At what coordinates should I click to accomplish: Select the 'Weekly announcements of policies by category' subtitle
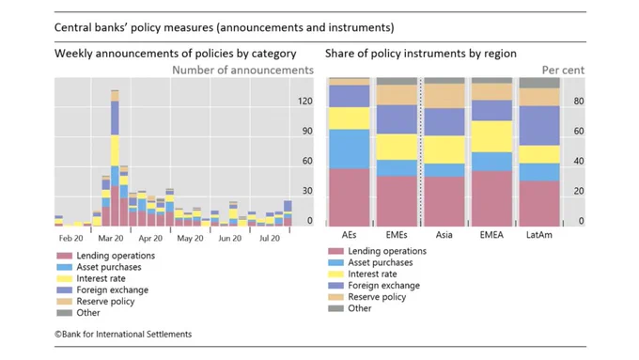click(175, 54)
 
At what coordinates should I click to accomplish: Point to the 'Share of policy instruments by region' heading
click(421, 54)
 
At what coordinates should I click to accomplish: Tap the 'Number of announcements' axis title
click(242, 70)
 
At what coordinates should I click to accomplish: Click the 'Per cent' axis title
click(563, 70)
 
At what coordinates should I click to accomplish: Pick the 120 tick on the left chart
click(304, 102)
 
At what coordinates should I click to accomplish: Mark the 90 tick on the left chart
click(307, 131)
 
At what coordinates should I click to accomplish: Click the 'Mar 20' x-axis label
click(111, 239)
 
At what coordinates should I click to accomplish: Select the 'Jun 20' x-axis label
click(230, 239)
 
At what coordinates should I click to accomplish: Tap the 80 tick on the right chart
click(579, 102)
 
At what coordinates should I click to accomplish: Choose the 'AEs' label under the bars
click(350, 235)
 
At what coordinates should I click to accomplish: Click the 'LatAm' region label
click(539, 235)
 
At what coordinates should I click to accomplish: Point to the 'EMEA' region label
click(491, 235)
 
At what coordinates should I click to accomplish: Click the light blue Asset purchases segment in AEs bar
click(350, 149)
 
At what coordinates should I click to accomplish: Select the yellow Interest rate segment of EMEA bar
click(491, 136)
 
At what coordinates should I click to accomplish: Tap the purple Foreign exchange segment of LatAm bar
click(539, 126)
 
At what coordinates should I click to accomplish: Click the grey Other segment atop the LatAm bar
click(539, 83)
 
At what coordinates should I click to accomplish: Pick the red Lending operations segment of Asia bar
click(444, 201)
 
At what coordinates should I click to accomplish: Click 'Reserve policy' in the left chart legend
click(105, 302)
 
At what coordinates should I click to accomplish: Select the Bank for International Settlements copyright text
click(123, 335)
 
